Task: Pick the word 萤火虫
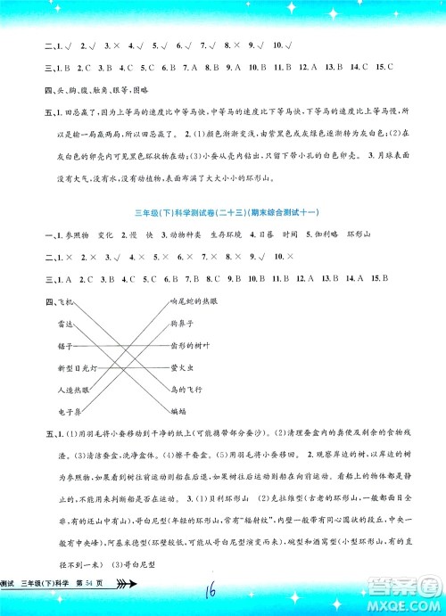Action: click(182, 368)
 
